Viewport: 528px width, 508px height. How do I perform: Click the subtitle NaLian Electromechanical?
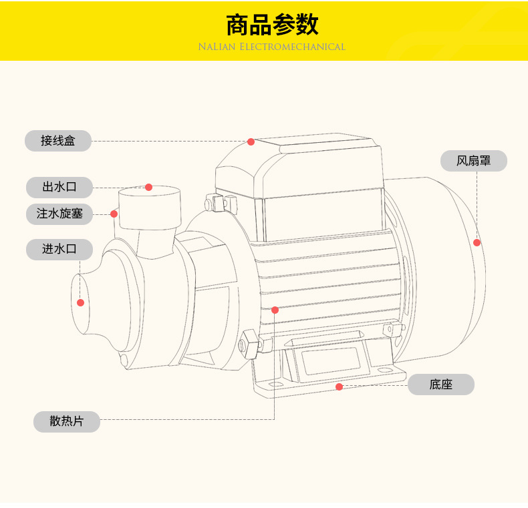tap(271, 47)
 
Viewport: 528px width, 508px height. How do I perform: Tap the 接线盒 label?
tap(58, 141)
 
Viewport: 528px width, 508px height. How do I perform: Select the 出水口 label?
tap(59, 187)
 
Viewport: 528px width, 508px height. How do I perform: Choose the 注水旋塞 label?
tap(59, 214)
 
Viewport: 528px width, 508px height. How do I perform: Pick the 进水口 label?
tap(59, 249)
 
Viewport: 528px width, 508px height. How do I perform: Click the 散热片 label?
tap(67, 422)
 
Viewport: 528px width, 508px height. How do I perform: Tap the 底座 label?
tap(441, 385)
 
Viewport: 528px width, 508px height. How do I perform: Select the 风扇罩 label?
tap(473, 161)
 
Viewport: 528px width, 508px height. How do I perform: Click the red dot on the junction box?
tap(251, 142)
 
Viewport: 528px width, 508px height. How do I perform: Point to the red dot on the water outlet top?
tap(149, 188)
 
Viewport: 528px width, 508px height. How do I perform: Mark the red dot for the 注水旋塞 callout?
tap(114, 214)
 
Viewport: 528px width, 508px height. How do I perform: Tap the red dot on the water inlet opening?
tap(81, 302)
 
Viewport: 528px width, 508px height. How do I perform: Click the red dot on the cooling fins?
tap(275, 310)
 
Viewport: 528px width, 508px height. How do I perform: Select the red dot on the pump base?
tap(339, 387)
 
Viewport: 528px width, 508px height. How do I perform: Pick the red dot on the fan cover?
tap(477, 242)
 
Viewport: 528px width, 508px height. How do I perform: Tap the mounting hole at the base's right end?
tap(386, 369)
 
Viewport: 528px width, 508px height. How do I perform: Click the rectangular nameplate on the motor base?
tap(332, 361)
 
